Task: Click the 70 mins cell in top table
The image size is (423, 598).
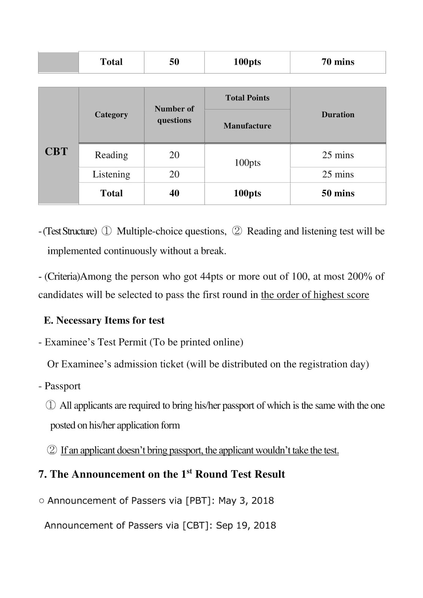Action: click(x=338, y=62)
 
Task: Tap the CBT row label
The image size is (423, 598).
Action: click(x=56, y=151)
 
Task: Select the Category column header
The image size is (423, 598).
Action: click(x=111, y=115)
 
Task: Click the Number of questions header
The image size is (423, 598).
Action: click(x=174, y=114)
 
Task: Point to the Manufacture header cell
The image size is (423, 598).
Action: click(x=247, y=126)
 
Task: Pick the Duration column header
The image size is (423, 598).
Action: click(x=338, y=115)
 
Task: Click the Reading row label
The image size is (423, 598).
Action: click(x=111, y=155)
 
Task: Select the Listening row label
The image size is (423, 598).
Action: click(x=111, y=175)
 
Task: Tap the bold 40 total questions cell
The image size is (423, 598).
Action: click(x=174, y=193)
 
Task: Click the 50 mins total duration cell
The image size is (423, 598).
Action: click(x=338, y=193)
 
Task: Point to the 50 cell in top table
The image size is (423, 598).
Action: click(x=174, y=62)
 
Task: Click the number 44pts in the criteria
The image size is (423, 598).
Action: click(x=212, y=277)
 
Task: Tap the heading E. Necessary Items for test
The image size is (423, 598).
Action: click(x=104, y=321)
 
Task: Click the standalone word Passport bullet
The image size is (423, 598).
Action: click(x=62, y=386)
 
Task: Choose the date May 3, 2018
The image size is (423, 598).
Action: click(x=246, y=500)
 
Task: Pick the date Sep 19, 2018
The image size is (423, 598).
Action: click(x=246, y=525)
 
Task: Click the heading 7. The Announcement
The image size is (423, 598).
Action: click(x=162, y=474)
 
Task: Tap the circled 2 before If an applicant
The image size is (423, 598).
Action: click(x=52, y=450)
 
